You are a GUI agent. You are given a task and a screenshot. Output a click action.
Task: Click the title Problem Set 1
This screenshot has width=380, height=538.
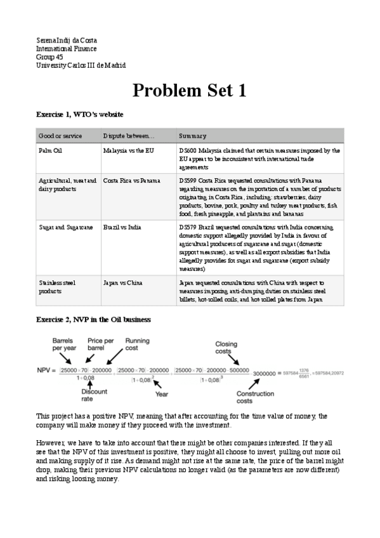point(190,91)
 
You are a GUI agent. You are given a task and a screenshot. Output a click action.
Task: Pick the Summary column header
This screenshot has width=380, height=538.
point(192,136)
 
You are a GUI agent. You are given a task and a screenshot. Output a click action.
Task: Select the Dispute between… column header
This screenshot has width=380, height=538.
point(129,136)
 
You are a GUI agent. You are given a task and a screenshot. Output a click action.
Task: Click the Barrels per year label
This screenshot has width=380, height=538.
point(65,344)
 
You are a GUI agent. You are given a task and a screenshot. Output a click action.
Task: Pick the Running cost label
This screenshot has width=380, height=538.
point(137,344)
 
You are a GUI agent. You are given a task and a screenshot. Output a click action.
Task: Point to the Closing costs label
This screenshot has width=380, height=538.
point(226,348)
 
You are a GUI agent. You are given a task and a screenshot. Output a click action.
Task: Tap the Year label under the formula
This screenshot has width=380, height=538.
point(162,394)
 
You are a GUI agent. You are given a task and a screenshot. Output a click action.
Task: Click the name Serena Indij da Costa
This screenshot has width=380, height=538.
point(67,41)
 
